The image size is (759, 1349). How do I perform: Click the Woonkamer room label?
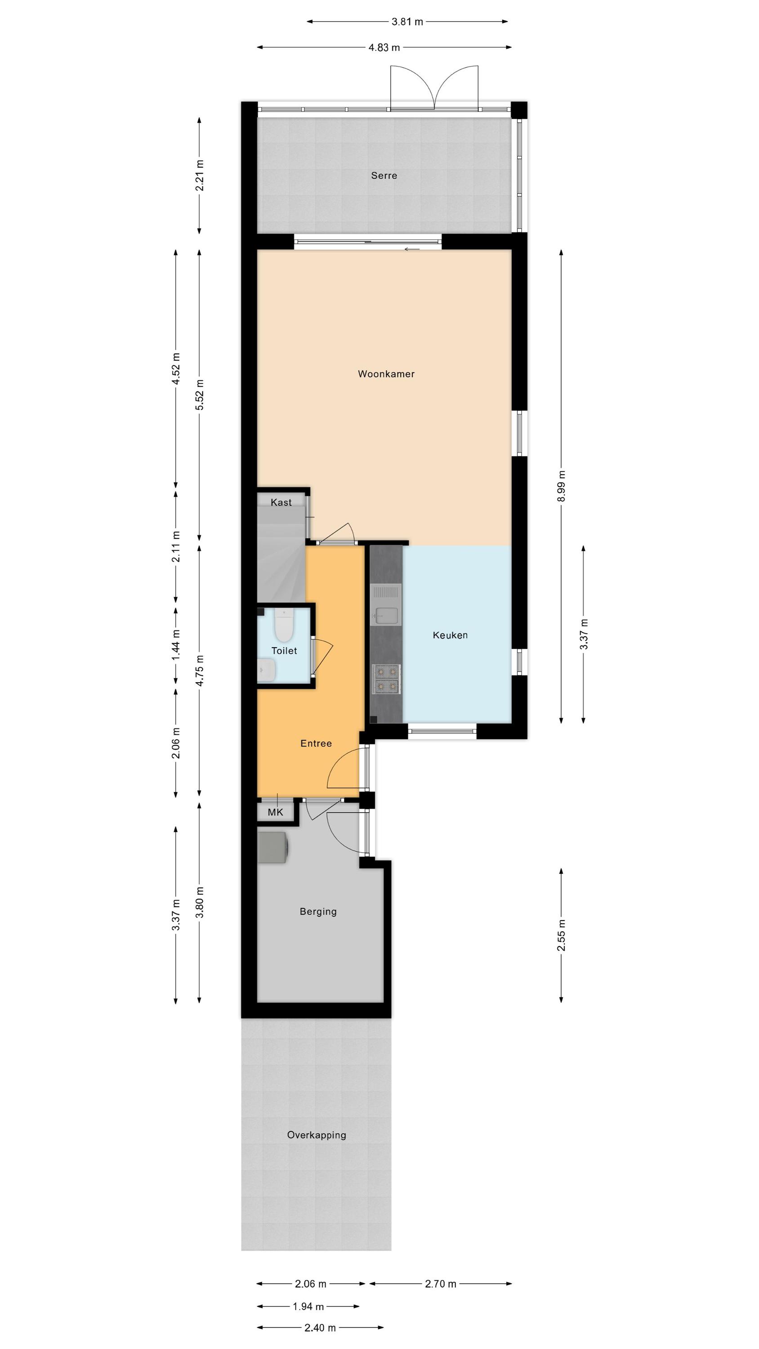pos(386,374)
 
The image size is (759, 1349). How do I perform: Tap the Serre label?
pos(384,175)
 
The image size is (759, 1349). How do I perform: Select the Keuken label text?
pos(450,635)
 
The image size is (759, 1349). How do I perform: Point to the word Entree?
pos(316,743)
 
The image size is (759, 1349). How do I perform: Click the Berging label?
pos(318,911)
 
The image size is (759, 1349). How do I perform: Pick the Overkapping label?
pos(317,1135)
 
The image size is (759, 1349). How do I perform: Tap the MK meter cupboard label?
pos(275,812)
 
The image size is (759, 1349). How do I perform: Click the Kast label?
pos(281,503)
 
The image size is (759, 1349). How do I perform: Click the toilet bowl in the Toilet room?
pos(283,625)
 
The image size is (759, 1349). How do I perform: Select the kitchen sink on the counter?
pos(386,605)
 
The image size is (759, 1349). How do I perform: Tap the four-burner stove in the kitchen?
pos(386,679)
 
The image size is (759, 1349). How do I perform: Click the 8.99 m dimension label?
pos(562,486)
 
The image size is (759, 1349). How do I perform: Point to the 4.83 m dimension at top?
pos(384,48)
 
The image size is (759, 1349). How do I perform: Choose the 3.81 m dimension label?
pos(407,22)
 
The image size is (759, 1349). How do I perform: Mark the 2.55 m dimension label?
pos(562,935)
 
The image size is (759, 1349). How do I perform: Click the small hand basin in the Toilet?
pos(267,670)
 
